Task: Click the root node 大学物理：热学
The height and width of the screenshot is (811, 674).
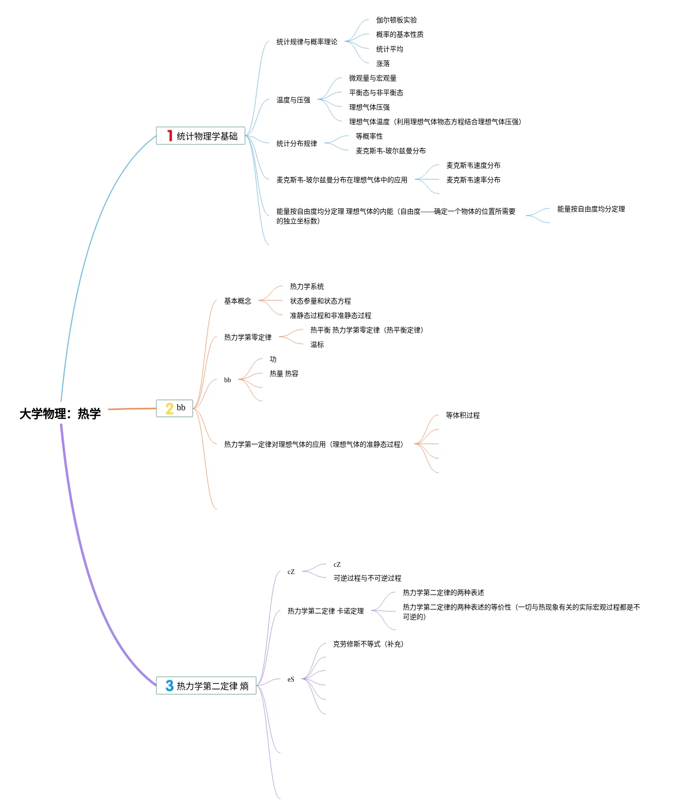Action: (60, 413)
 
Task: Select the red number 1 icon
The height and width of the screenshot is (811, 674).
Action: (169, 136)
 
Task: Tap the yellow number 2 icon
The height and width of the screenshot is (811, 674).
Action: (169, 408)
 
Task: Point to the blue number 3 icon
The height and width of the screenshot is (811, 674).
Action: (169, 686)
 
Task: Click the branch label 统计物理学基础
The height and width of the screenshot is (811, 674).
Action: (207, 136)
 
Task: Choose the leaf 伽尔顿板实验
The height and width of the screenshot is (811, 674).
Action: (396, 20)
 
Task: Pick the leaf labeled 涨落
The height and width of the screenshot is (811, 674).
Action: (383, 63)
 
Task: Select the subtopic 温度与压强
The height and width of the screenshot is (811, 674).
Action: (293, 100)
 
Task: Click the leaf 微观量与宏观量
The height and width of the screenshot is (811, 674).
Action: (372, 78)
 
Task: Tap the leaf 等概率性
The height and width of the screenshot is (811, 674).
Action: (369, 136)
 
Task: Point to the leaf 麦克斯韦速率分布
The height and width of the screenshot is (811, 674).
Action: (473, 180)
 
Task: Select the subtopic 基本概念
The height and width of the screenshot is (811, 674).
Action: (237, 301)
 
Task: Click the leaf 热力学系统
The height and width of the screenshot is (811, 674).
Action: (306, 286)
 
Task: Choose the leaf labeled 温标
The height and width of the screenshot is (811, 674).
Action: (317, 344)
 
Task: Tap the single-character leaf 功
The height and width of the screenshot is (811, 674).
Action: (273, 359)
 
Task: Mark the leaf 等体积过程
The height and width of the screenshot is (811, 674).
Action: (462, 415)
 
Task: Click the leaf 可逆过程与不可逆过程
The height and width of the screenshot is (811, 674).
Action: (367, 578)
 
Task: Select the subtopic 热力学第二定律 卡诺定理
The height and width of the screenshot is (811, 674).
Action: (325, 611)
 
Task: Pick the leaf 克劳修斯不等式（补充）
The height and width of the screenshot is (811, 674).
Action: (368, 644)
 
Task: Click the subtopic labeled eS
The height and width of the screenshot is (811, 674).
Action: (291, 679)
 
